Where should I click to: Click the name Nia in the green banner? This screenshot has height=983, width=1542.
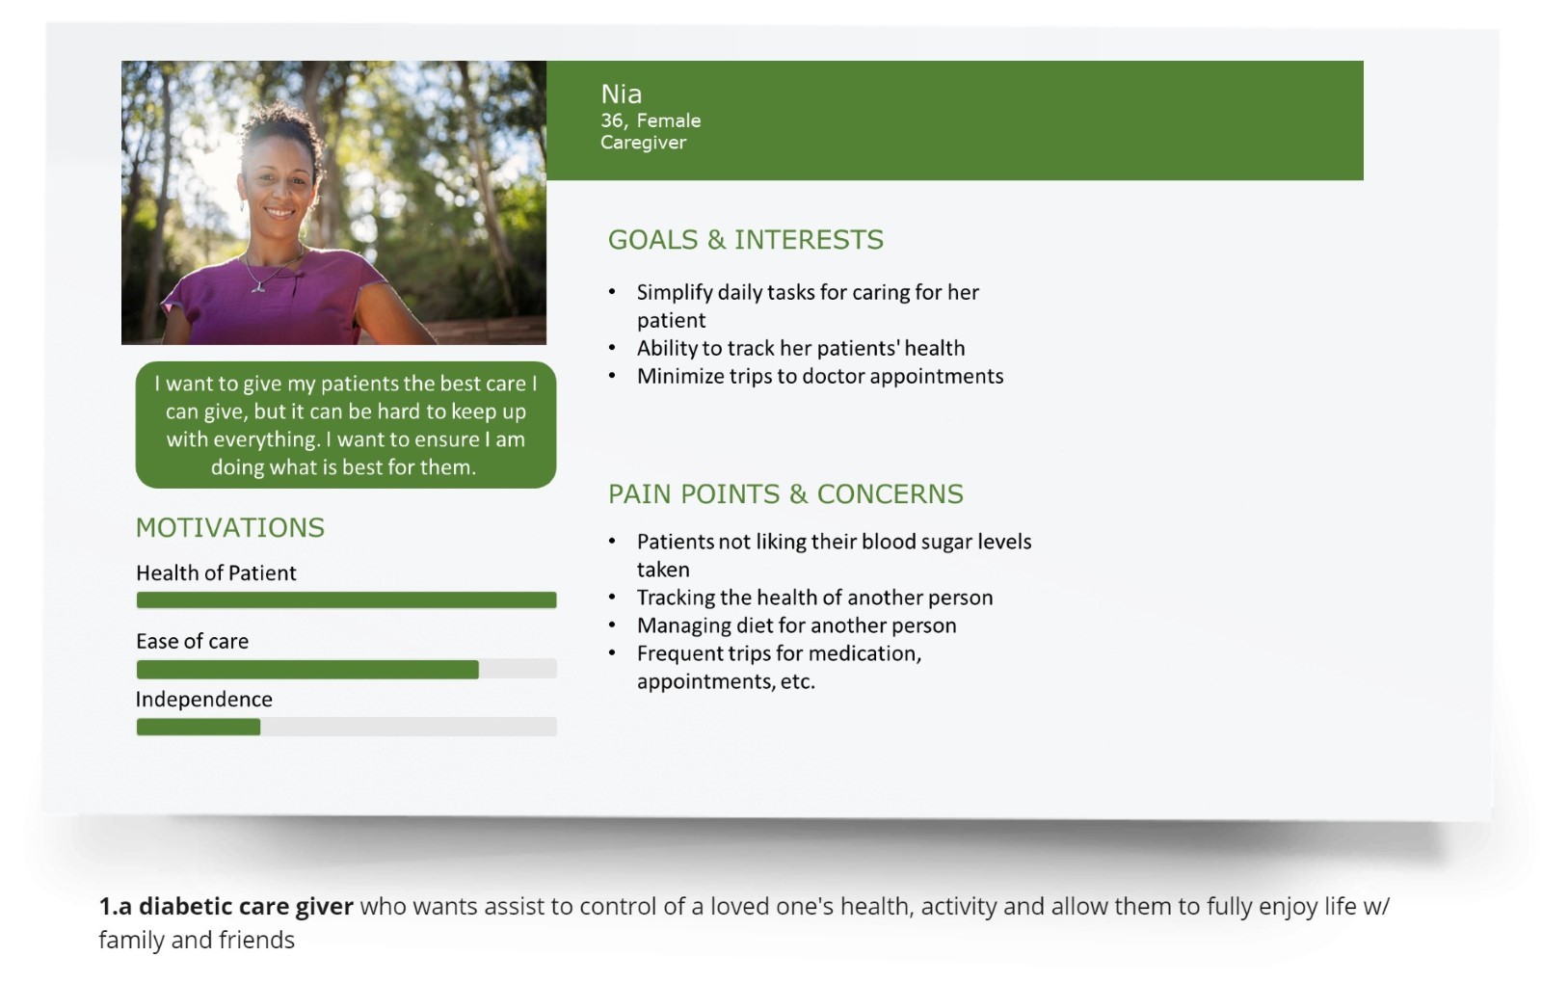(621, 94)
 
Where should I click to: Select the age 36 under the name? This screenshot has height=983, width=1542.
(611, 120)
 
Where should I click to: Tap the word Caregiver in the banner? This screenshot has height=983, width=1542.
(643, 143)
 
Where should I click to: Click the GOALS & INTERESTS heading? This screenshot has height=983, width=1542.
(746, 240)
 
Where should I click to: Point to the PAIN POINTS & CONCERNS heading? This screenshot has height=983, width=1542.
(785, 493)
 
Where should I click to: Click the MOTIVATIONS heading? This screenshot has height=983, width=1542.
(230, 527)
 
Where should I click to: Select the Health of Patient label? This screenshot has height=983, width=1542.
(216, 572)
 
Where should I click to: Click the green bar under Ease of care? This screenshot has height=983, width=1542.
(307, 669)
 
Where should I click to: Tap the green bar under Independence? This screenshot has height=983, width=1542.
(199, 727)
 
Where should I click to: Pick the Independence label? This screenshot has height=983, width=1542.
(203, 700)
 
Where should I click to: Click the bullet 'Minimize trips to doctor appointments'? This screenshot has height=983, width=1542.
(820, 376)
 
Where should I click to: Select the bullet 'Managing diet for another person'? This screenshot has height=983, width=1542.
(796, 625)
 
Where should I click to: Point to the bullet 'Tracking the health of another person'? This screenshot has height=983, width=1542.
(814, 597)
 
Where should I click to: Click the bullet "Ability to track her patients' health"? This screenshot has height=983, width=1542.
(801, 348)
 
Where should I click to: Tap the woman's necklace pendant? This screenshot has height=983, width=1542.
(259, 287)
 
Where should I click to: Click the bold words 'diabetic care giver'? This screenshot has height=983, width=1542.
(246, 906)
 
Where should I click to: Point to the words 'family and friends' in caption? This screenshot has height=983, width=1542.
(197, 940)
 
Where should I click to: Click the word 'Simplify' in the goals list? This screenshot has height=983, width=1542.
(675, 293)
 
